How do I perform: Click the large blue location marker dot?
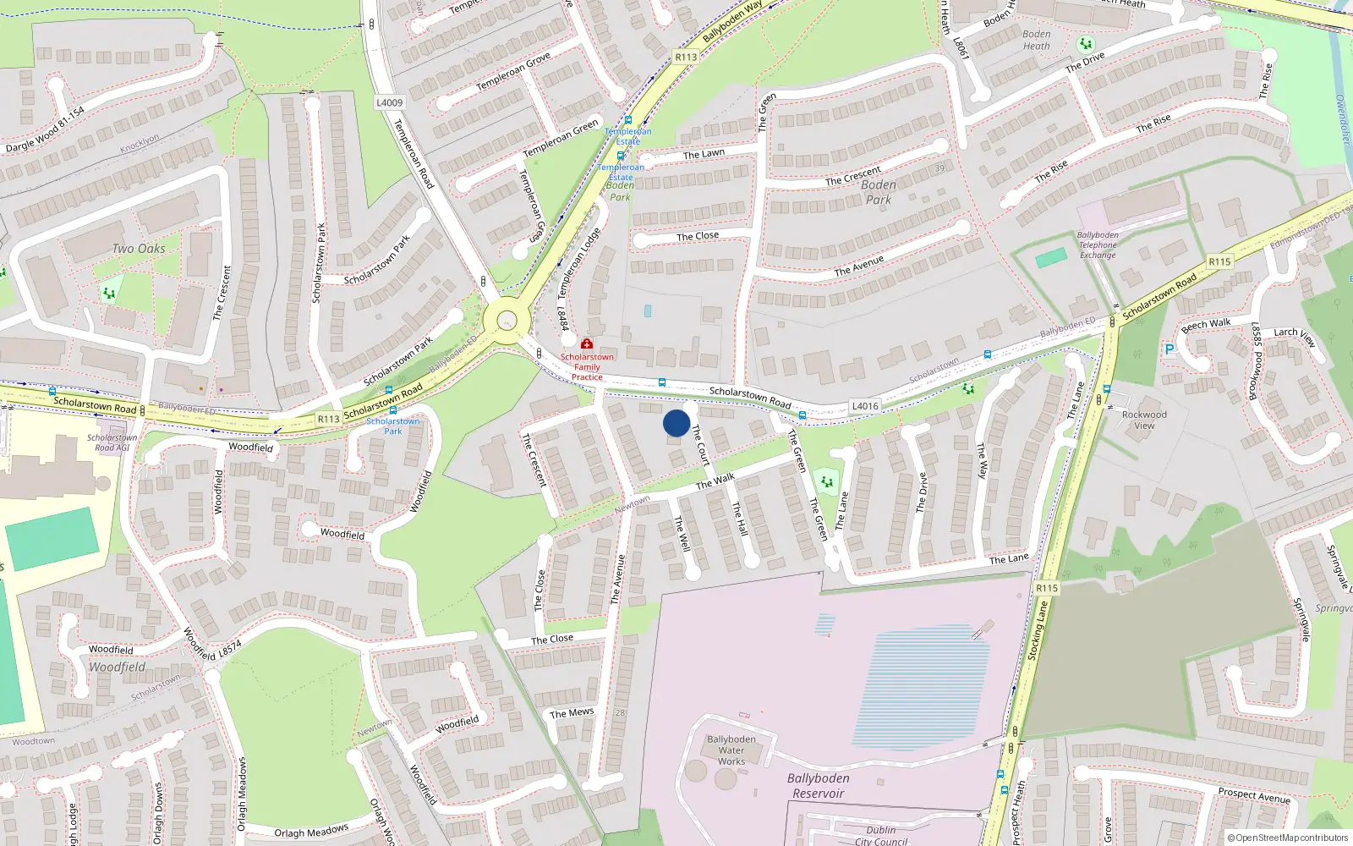click(676, 423)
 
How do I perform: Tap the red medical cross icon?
click(587, 344)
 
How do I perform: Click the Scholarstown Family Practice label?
click(587, 367)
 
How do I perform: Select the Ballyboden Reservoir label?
click(818, 785)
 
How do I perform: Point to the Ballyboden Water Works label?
click(731, 750)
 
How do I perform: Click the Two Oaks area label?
click(139, 249)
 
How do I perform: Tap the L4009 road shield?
click(389, 102)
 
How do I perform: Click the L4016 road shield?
click(865, 406)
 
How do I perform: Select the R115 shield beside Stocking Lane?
click(1047, 588)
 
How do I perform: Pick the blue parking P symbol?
click(1169, 349)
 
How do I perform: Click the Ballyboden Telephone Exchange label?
click(1098, 245)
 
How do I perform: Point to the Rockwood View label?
click(1144, 420)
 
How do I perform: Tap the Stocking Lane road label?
click(1038, 629)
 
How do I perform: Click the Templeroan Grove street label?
click(513, 72)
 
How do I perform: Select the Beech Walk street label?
click(1207, 324)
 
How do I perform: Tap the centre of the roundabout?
click(507, 321)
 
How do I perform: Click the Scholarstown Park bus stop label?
click(393, 426)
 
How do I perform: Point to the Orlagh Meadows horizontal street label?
click(311, 832)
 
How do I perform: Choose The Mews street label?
click(572, 713)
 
